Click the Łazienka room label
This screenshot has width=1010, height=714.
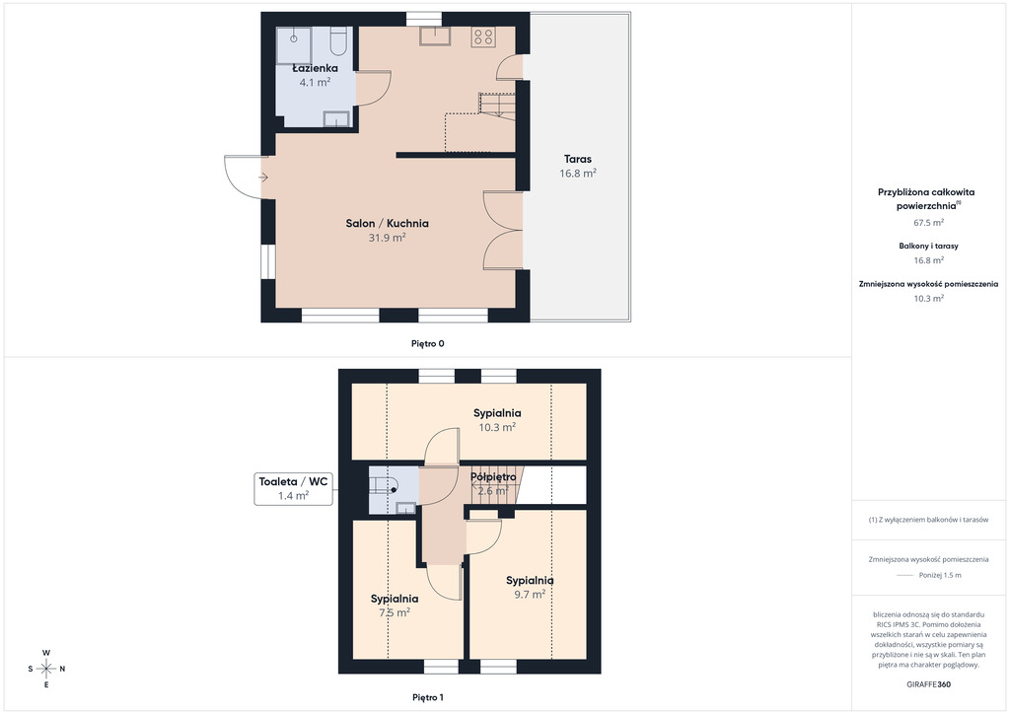315,68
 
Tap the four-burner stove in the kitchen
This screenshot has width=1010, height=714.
483,36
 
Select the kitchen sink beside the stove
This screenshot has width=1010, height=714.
435,36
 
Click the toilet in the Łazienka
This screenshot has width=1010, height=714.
337,40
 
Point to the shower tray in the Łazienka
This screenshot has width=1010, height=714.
294,45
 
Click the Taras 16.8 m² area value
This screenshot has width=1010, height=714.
578,174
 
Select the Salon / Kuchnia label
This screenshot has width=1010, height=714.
387,224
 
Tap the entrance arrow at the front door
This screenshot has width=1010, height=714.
263,178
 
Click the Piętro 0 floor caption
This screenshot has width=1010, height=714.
428,344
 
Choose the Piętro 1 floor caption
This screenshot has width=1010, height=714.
428,697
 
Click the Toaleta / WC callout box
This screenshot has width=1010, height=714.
293,489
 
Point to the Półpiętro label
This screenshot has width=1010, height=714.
493,477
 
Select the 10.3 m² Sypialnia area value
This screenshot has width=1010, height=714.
497,427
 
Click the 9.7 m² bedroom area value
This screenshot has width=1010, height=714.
530,595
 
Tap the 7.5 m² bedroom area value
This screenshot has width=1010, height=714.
395,613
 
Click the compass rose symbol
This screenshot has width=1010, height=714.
46,669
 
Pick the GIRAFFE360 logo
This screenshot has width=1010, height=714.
928,684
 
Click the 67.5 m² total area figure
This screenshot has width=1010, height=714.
929,223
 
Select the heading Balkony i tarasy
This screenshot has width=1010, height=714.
929,246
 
